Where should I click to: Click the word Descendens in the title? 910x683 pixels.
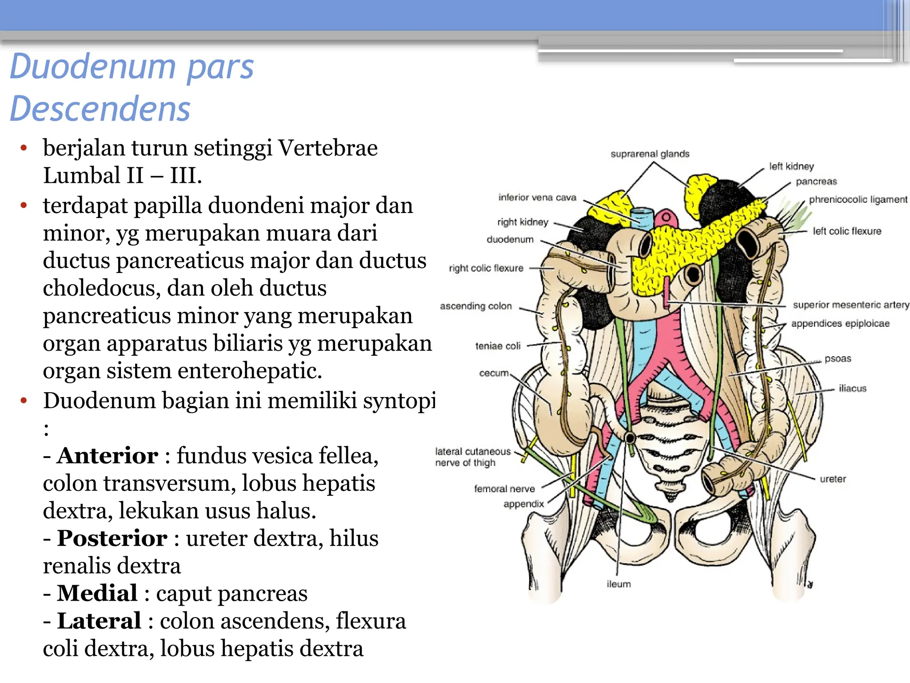click(x=100, y=109)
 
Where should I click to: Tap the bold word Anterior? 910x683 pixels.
click(x=108, y=456)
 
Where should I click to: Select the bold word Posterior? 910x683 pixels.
click(x=112, y=538)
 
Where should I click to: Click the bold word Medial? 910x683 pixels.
click(x=97, y=594)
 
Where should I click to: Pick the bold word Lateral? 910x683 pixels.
click(x=99, y=621)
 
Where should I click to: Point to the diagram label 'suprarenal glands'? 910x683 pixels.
click(x=650, y=154)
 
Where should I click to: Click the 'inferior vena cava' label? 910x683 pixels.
click(x=537, y=197)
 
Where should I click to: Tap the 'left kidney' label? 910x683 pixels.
click(x=791, y=166)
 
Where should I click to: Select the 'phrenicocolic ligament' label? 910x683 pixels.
click(x=858, y=200)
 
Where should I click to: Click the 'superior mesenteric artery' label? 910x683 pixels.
click(x=851, y=305)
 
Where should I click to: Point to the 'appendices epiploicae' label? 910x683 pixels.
click(x=840, y=324)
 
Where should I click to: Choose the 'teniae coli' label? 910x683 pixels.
click(x=498, y=346)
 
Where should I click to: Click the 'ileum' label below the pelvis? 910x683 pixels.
click(x=619, y=584)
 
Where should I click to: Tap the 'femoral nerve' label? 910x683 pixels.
click(x=504, y=489)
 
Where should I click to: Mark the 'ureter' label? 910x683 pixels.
click(x=833, y=479)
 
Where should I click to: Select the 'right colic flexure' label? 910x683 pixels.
click(x=486, y=268)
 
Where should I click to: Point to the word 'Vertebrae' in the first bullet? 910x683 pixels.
click(x=328, y=148)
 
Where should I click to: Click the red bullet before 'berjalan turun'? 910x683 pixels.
click(x=24, y=148)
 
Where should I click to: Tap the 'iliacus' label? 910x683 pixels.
click(x=852, y=389)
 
